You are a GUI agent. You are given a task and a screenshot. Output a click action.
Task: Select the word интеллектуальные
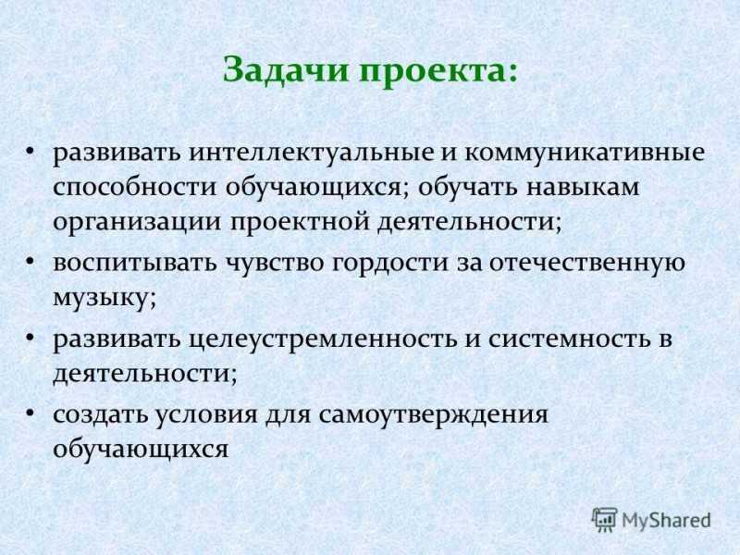312,154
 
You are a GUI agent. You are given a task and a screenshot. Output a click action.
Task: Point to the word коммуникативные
586,154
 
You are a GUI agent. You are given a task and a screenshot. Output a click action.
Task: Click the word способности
135,188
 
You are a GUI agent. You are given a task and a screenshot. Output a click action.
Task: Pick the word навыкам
583,188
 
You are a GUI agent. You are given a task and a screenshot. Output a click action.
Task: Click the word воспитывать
135,263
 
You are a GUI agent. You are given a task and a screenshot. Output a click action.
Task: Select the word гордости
390,263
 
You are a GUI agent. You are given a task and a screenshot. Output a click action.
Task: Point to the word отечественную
586,263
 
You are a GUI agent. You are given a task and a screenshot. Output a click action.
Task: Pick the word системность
569,339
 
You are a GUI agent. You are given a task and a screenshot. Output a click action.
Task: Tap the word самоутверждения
433,415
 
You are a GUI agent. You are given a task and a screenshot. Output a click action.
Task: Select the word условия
206,415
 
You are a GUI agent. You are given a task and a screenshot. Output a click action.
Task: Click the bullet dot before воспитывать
31,261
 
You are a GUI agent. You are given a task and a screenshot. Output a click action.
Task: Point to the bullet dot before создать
31,413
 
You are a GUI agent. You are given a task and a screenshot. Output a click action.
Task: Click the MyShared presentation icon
605,520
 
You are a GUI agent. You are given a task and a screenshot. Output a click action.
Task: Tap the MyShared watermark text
666,521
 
